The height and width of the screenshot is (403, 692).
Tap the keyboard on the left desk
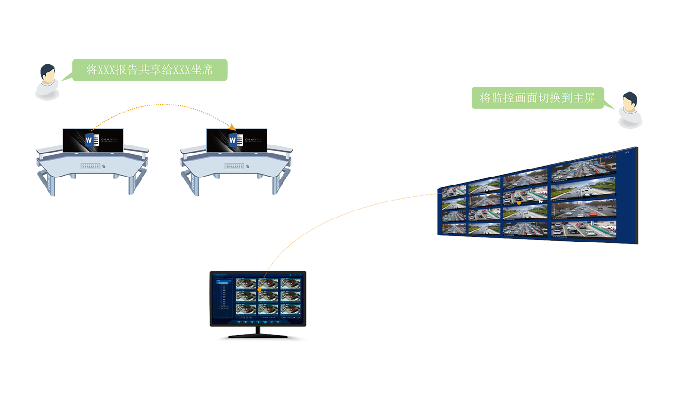[x=90, y=166]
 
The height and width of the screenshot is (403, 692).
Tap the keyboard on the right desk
[x=234, y=166]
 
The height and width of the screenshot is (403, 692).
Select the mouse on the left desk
[x=104, y=166]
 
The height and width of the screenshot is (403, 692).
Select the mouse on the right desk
[x=247, y=166]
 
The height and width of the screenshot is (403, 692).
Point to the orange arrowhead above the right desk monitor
[x=233, y=127]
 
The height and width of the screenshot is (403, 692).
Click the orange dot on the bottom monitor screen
[x=259, y=290]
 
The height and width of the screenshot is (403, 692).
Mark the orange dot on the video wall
[x=519, y=202]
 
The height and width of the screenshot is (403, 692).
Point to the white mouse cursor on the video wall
[x=540, y=201]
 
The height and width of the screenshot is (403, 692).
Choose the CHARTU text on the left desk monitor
[x=109, y=140]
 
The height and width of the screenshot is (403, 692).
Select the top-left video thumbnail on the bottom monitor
[x=245, y=283]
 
